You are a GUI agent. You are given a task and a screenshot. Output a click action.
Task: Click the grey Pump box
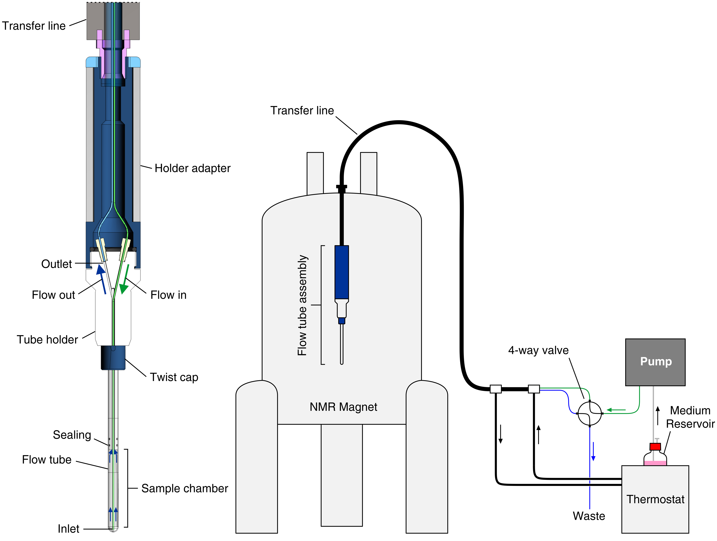pyautogui.click(x=655, y=362)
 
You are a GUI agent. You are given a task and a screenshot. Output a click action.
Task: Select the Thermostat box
pyautogui.click(x=655, y=499)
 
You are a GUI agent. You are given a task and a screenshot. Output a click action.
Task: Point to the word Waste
pyautogui.click(x=589, y=516)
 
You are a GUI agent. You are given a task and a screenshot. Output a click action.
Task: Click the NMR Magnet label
pyautogui.click(x=343, y=407)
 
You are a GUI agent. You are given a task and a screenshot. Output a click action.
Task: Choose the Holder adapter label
pyautogui.click(x=192, y=168)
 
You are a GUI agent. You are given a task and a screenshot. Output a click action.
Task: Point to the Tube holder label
pyautogui.click(x=47, y=339)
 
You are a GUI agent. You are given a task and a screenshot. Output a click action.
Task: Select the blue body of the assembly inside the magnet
pyautogui.click(x=342, y=272)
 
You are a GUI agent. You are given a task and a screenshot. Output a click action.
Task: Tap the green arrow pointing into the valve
pyautogui.click(x=616, y=410)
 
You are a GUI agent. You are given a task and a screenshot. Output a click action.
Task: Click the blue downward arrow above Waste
pyautogui.click(x=593, y=451)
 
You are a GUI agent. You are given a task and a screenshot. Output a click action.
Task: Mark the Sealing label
pyautogui.click(x=72, y=435)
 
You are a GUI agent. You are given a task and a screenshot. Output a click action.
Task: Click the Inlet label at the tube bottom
pyautogui.click(x=68, y=529)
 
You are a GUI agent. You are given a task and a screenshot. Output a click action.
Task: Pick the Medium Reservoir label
pyautogui.click(x=690, y=417)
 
